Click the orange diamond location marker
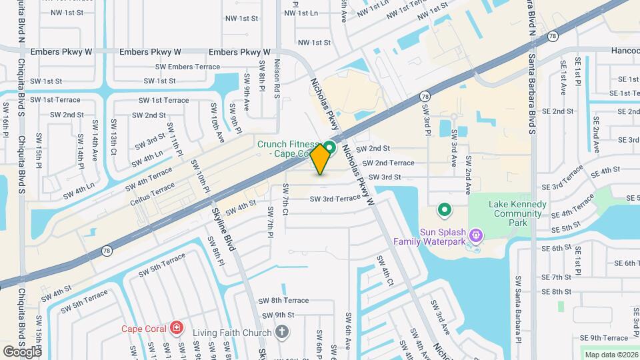click(x=321, y=159)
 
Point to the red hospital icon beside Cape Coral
click(x=176, y=328)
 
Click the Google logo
click(x=21, y=351)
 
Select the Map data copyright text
click(x=609, y=355)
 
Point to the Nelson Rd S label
click(x=276, y=79)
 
